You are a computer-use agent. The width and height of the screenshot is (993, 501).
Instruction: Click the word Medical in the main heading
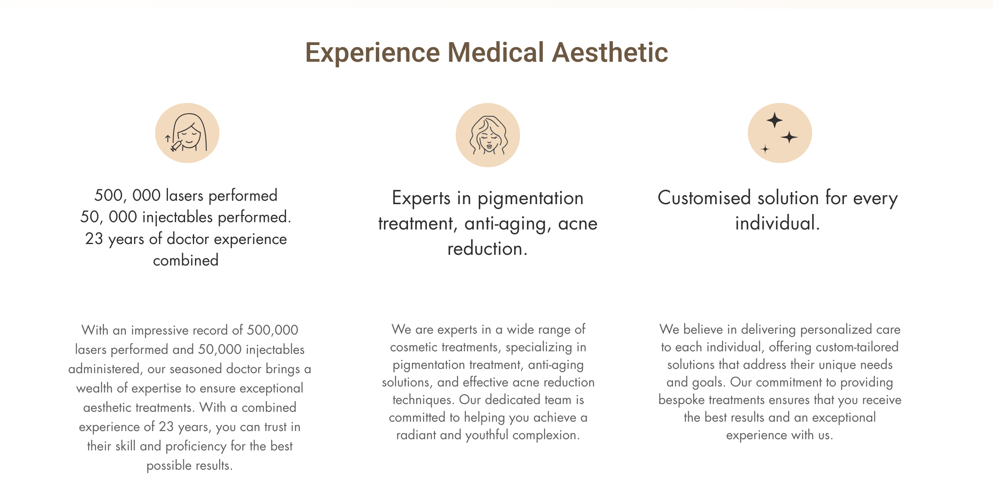[496, 52]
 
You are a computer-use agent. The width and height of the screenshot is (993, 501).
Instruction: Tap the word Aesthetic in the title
[610, 52]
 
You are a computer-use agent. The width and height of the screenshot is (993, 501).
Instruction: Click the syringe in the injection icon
[177, 145]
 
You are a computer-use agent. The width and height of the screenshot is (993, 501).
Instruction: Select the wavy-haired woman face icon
[488, 135]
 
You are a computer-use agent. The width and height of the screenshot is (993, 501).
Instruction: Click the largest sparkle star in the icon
[775, 120]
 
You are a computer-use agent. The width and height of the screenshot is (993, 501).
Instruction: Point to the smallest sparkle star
[765, 149]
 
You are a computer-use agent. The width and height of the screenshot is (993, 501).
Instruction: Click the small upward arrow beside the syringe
[168, 139]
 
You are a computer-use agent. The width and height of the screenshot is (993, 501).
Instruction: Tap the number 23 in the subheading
[94, 239]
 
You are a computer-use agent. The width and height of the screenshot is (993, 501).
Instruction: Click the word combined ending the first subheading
[186, 260]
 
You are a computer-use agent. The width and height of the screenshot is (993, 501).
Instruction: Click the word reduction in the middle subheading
[485, 249]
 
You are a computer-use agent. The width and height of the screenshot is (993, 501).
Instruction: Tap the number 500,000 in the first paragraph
[272, 330]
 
